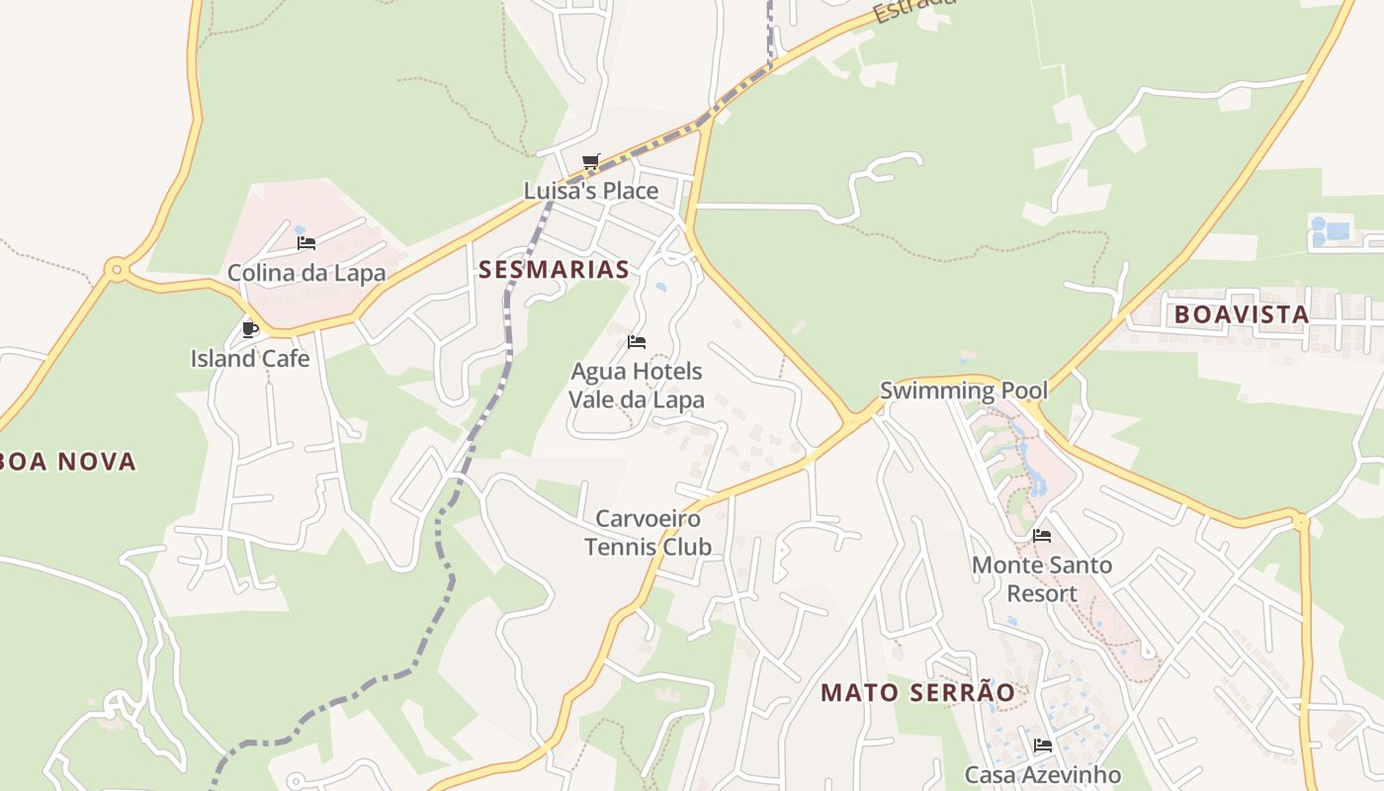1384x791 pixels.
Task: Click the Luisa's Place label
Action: coord(590,191)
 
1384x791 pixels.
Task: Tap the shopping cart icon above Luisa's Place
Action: coord(590,161)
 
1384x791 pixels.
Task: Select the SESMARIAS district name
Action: coord(554,270)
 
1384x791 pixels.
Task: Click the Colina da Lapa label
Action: coord(306,273)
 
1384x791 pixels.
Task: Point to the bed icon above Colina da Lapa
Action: coord(306,243)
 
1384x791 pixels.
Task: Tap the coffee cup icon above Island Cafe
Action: coord(250,329)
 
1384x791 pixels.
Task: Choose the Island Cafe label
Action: coord(250,359)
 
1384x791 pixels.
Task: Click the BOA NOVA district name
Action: coord(67,462)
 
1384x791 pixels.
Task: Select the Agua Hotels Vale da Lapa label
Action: coord(637,386)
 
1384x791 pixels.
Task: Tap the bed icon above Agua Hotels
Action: coord(637,342)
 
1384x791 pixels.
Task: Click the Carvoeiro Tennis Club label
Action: coord(648,533)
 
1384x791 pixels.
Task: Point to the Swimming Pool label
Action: coord(964,391)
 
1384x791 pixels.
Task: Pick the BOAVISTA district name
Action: coord(1241,315)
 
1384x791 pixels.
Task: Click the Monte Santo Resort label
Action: coord(1042,579)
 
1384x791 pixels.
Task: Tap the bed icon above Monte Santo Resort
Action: coord(1042,536)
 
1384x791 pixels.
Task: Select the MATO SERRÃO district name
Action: coord(917,693)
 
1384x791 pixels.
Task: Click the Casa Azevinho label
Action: coord(1042,774)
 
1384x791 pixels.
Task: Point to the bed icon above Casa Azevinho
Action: coord(1042,746)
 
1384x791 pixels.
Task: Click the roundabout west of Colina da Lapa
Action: coord(117,268)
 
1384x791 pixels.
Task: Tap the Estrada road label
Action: coord(914,9)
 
